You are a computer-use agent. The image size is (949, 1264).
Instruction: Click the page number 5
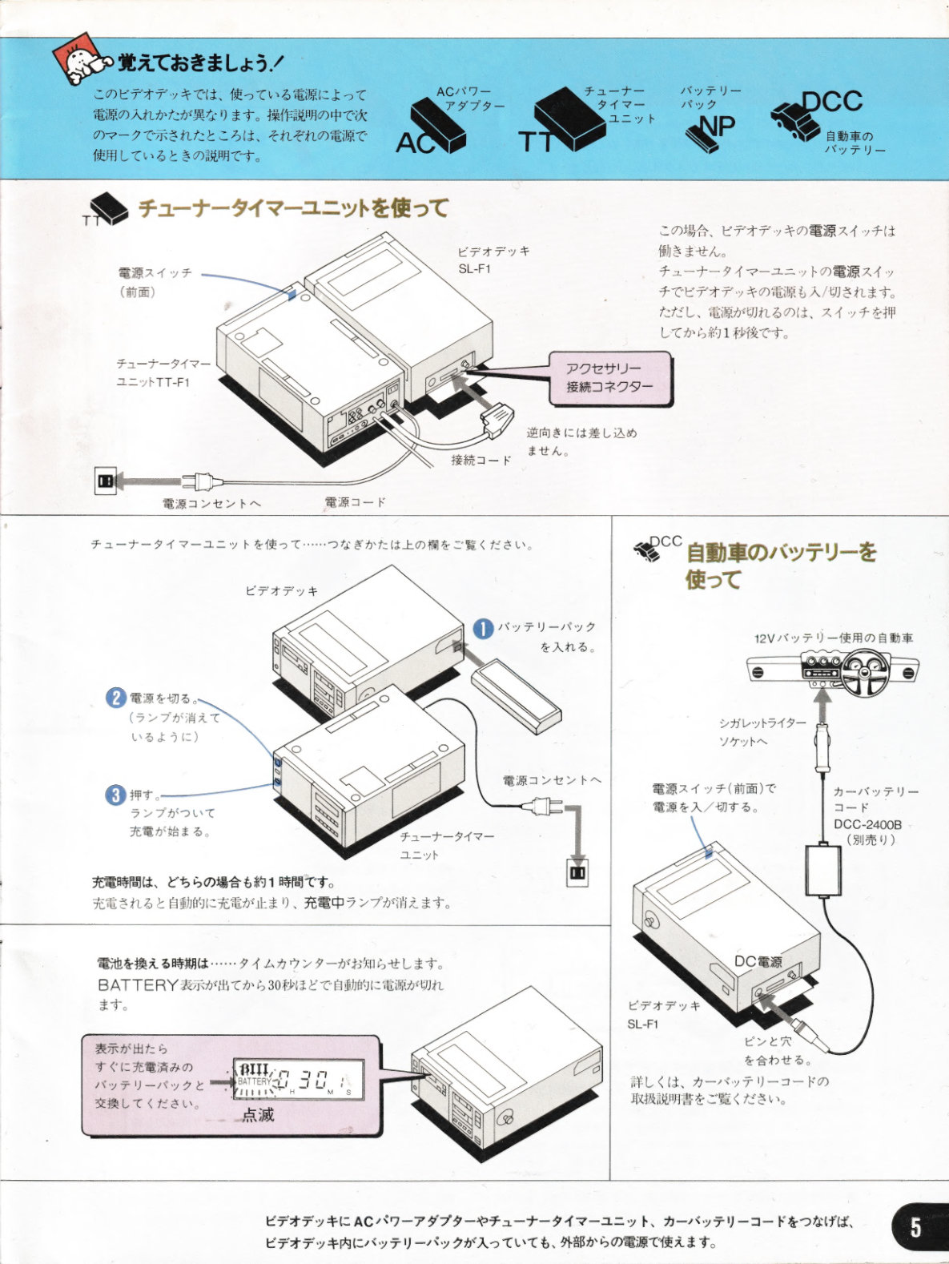pyautogui.click(x=915, y=1226)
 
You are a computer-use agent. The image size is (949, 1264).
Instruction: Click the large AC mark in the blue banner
pyautogui.click(x=416, y=143)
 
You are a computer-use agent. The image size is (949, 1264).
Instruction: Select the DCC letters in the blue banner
pyautogui.click(x=833, y=102)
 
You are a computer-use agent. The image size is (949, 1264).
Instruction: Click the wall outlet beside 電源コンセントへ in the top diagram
pyautogui.click(x=106, y=481)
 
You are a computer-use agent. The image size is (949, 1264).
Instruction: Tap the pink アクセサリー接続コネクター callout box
pyautogui.click(x=610, y=378)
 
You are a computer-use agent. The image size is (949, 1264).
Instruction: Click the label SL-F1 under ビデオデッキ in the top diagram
pyautogui.click(x=475, y=268)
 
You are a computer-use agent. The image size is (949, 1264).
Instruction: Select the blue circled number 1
pyautogui.click(x=484, y=628)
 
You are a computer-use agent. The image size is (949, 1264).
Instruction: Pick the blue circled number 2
pyautogui.click(x=115, y=698)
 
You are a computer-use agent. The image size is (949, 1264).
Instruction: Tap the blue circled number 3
pyautogui.click(x=115, y=795)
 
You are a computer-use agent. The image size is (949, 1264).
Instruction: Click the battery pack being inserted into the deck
pyautogui.click(x=516, y=696)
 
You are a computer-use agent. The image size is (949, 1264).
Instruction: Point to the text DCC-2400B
pyautogui.click(x=868, y=824)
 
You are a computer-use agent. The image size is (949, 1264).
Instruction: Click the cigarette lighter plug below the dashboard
pyautogui.click(x=823, y=747)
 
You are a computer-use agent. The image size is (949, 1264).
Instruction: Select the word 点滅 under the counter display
pyautogui.click(x=257, y=1115)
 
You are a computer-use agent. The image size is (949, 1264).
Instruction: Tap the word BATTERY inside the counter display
pyautogui.click(x=254, y=1081)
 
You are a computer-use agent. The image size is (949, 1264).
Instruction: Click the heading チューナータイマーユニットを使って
pyautogui.click(x=293, y=208)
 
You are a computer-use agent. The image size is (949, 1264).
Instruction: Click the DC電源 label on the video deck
pyautogui.click(x=758, y=961)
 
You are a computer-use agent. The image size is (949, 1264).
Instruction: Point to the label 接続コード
pyautogui.click(x=481, y=460)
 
